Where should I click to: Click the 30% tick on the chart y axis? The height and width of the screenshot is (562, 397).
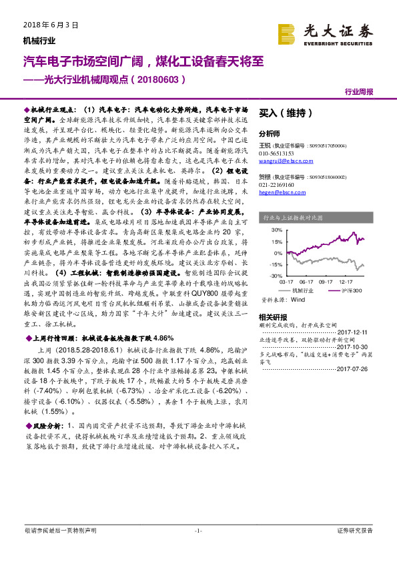[276, 230]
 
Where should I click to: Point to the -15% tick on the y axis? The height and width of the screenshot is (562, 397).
[274, 265]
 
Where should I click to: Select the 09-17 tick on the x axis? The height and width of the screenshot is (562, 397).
[327, 282]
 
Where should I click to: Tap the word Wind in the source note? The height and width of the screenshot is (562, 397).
[298, 300]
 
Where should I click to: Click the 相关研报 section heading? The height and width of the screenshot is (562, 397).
[272, 317]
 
